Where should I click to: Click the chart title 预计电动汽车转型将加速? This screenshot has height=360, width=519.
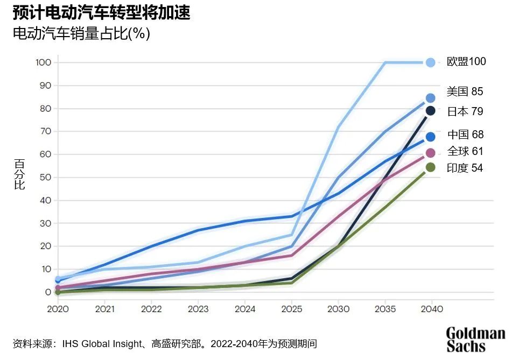pyautogui.click(x=102, y=12)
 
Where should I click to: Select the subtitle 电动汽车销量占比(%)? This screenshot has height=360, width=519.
pyautogui.click(x=81, y=33)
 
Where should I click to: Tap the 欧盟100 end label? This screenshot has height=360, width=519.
pyautogui.click(x=466, y=62)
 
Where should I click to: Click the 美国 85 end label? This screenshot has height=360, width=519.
pyautogui.click(x=465, y=91)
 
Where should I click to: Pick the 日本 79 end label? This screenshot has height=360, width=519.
pyautogui.click(x=465, y=111)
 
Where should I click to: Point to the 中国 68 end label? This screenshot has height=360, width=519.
pyautogui.click(x=465, y=135)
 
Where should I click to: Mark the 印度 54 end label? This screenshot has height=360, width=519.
pyautogui.click(x=465, y=168)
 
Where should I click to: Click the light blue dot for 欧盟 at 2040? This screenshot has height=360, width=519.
pyautogui.click(x=430, y=62)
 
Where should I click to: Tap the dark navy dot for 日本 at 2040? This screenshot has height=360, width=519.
pyautogui.click(x=430, y=111)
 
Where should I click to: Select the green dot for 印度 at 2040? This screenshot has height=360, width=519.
pyautogui.click(x=430, y=167)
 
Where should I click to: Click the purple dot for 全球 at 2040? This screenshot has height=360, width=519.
pyautogui.click(x=430, y=153)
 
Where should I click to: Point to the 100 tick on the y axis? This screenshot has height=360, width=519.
pyautogui.click(x=43, y=62)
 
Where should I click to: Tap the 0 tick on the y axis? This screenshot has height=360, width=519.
pyautogui.click(x=48, y=292)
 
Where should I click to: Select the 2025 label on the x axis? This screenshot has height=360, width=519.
pyautogui.click(x=291, y=309)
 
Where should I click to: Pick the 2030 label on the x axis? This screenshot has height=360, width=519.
pyautogui.click(x=338, y=309)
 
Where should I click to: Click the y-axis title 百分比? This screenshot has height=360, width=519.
pyautogui.click(x=19, y=174)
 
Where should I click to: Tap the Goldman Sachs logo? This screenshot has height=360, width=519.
pyautogui.click(x=475, y=340)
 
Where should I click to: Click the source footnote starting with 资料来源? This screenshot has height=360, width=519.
pyautogui.click(x=164, y=343)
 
